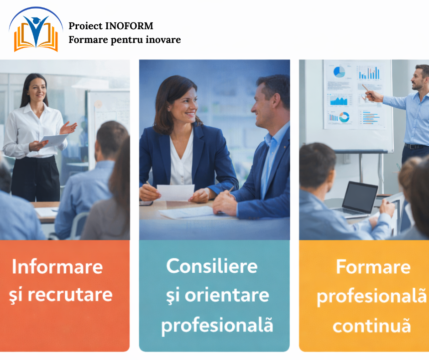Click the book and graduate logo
(x=36, y=30)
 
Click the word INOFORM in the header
(x=129, y=26)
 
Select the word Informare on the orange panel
(x=57, y=266)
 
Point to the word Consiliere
(x=212, y=266)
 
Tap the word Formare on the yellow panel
(x=373, y=267)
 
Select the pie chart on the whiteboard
(x=339, y=72)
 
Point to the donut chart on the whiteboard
(x=344, y=117)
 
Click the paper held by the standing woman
(x=54, y=140)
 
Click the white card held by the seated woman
(x=176, y=193)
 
